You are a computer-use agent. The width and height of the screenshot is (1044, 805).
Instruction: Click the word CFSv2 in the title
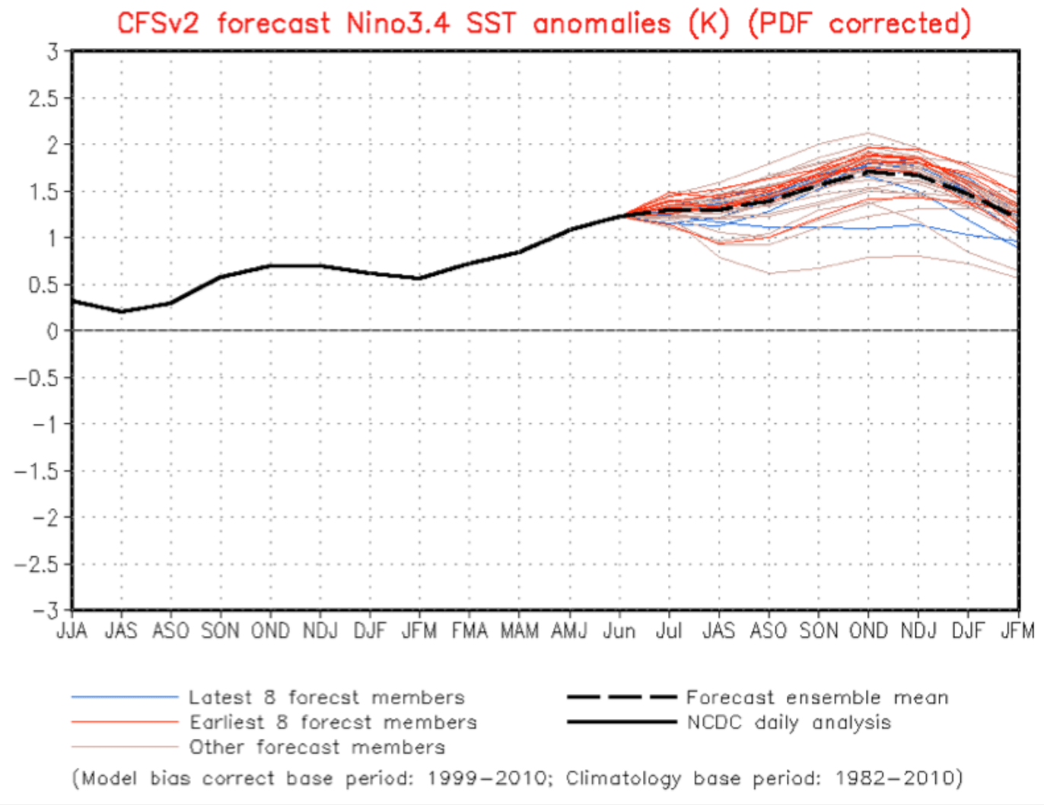coord(158,23)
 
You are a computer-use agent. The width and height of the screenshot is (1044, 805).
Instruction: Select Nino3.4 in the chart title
coord(399,23)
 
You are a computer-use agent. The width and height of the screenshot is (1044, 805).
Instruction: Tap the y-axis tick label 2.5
coord(43,98)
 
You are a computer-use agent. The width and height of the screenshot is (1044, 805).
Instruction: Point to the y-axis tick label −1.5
coord(36,471)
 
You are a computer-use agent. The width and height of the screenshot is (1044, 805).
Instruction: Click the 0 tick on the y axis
coord(52,331)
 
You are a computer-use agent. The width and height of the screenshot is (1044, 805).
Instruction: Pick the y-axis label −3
coord(44,611)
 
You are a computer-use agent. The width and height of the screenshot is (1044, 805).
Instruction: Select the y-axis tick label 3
coord(52,52)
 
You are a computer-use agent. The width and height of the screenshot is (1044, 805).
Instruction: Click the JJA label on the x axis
coord(72,631)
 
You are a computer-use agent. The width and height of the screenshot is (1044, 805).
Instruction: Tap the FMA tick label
coord(469,631)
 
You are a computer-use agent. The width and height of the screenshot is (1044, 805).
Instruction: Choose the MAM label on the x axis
coord(519,631)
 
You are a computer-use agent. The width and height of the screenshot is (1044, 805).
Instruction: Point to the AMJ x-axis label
coord(569,631)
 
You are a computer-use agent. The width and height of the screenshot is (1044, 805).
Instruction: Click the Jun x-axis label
coord(619,631)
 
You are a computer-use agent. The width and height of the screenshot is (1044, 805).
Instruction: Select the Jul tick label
coord(669,631)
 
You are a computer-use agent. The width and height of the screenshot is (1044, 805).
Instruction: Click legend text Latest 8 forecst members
coord(326,697)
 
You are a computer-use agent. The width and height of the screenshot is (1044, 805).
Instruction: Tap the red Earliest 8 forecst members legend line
coord(125,722)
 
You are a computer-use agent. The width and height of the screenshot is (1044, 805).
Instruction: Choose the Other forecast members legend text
coord(317,747)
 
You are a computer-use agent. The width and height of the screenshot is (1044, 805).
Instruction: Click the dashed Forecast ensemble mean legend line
coord(621,697)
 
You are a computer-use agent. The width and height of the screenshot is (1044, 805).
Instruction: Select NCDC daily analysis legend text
coord(788,722)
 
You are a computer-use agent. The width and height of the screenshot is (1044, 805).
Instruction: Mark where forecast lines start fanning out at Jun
coord(621,216)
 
